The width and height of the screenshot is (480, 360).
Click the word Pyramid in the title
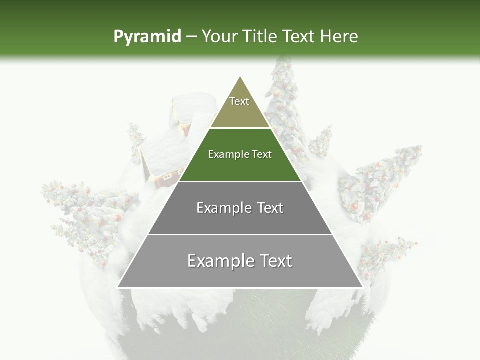coord(147,37)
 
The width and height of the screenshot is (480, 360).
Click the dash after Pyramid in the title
coord(191,37)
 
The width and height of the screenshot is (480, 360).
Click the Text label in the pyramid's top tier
coord(239,101)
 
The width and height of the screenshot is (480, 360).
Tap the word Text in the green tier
coord(261,154)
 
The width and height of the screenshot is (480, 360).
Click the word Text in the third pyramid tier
coord(270,208)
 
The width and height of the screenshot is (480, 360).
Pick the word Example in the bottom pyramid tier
coord(219,261)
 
